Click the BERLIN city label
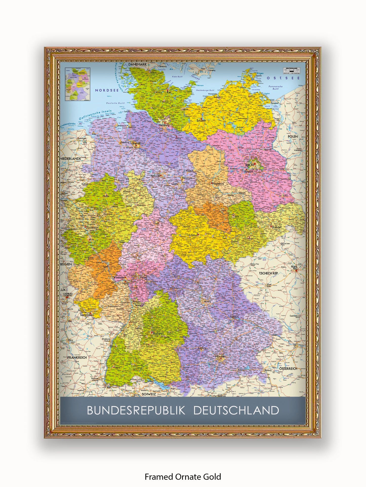point(249,165)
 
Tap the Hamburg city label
point(164,125)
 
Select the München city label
point(220,357)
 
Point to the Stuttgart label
point(158,333)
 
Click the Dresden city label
point(277,227)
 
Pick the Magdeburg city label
point(218,184)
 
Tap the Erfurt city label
point(194,235)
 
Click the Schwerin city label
point(201,121)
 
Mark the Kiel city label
point(169,93)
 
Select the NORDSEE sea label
point(107,90)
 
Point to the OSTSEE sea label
point(283,78)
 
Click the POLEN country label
point(293,137)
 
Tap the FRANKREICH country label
point(77,358)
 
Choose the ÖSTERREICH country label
point(288,369)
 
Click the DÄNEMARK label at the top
point(137,64)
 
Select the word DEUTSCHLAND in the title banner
point(236,410)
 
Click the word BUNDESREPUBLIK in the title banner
point(136,410)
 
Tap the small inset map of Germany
point(78,84)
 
